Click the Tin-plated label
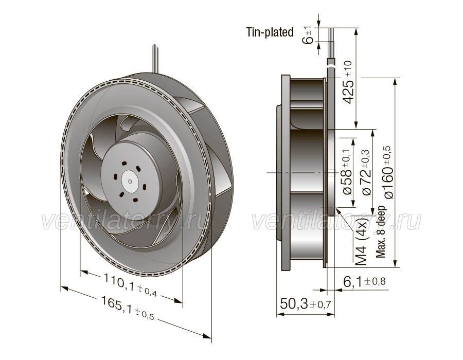[x=270, y=32]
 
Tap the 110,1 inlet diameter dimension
[x=130, y=285]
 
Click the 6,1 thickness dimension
[x=364, y=281]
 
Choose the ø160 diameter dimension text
[x=388, y=172]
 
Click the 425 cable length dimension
[x=348, y=82]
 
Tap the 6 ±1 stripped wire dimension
[x=308, y=35]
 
